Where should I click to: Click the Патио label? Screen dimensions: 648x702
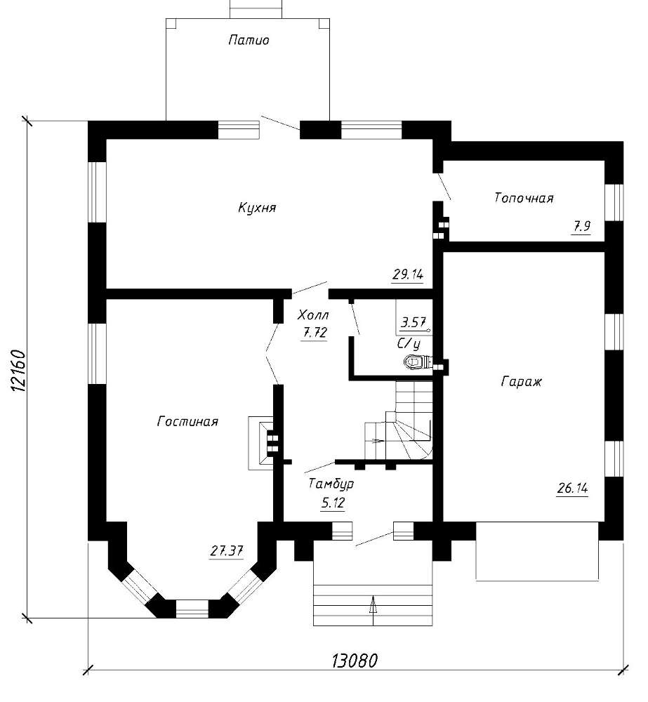(x=249, y=40)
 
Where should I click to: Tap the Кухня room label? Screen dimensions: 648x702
(x=257, y=208)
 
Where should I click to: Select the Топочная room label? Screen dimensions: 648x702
(x=524, y=198)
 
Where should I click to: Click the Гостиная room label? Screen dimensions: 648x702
(x=187, y=422)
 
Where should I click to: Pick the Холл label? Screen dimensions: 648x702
(x=313, y=315)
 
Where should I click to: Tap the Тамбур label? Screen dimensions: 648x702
(x=331, y=484)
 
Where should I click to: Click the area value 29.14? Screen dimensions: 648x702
(x=407, y=274)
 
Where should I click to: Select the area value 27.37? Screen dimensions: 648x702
(x=227, y=550)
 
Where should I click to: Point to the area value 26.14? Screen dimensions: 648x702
(x=572, y=488)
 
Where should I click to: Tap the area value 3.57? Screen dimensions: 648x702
(x=414, y=322)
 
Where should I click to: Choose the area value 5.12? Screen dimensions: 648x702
(x=333, y=503)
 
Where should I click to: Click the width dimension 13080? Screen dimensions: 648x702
(x=355, y=661)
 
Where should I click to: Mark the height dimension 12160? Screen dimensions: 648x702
(x=18, y=371)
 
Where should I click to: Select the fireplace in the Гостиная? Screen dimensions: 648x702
(x=260, y=443)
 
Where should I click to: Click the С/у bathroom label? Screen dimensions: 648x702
(x=409, y=344)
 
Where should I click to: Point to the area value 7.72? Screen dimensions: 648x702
(x=315, y=333)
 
